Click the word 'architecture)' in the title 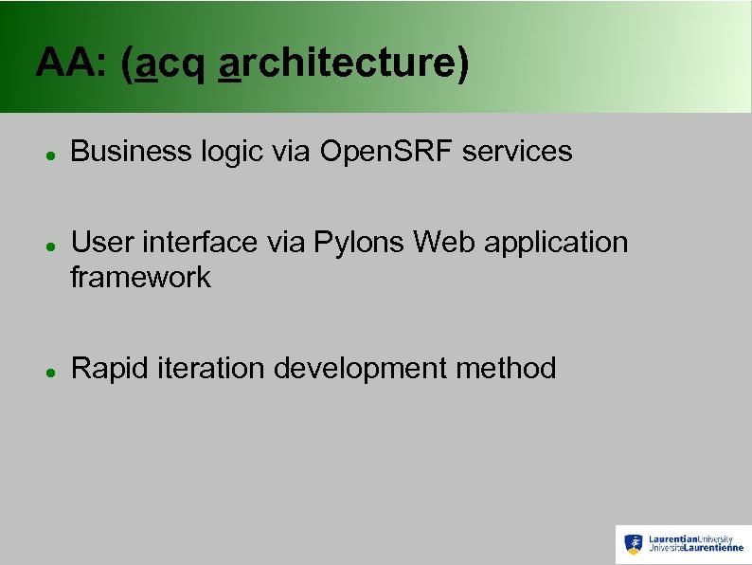(343, 64)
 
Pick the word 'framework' (141, 278)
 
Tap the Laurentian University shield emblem (634, 543)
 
